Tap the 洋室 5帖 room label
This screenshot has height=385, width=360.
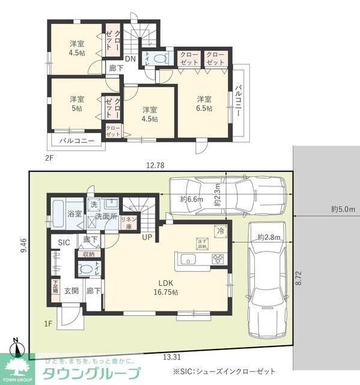pos(76,103)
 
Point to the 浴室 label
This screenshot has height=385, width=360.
pos(75,214)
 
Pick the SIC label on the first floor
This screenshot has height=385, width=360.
pos(64,242)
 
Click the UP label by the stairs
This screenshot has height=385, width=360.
pos(147,237)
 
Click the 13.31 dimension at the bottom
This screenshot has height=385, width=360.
pos(171,356)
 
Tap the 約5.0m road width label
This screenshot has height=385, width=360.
pos(343,209)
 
